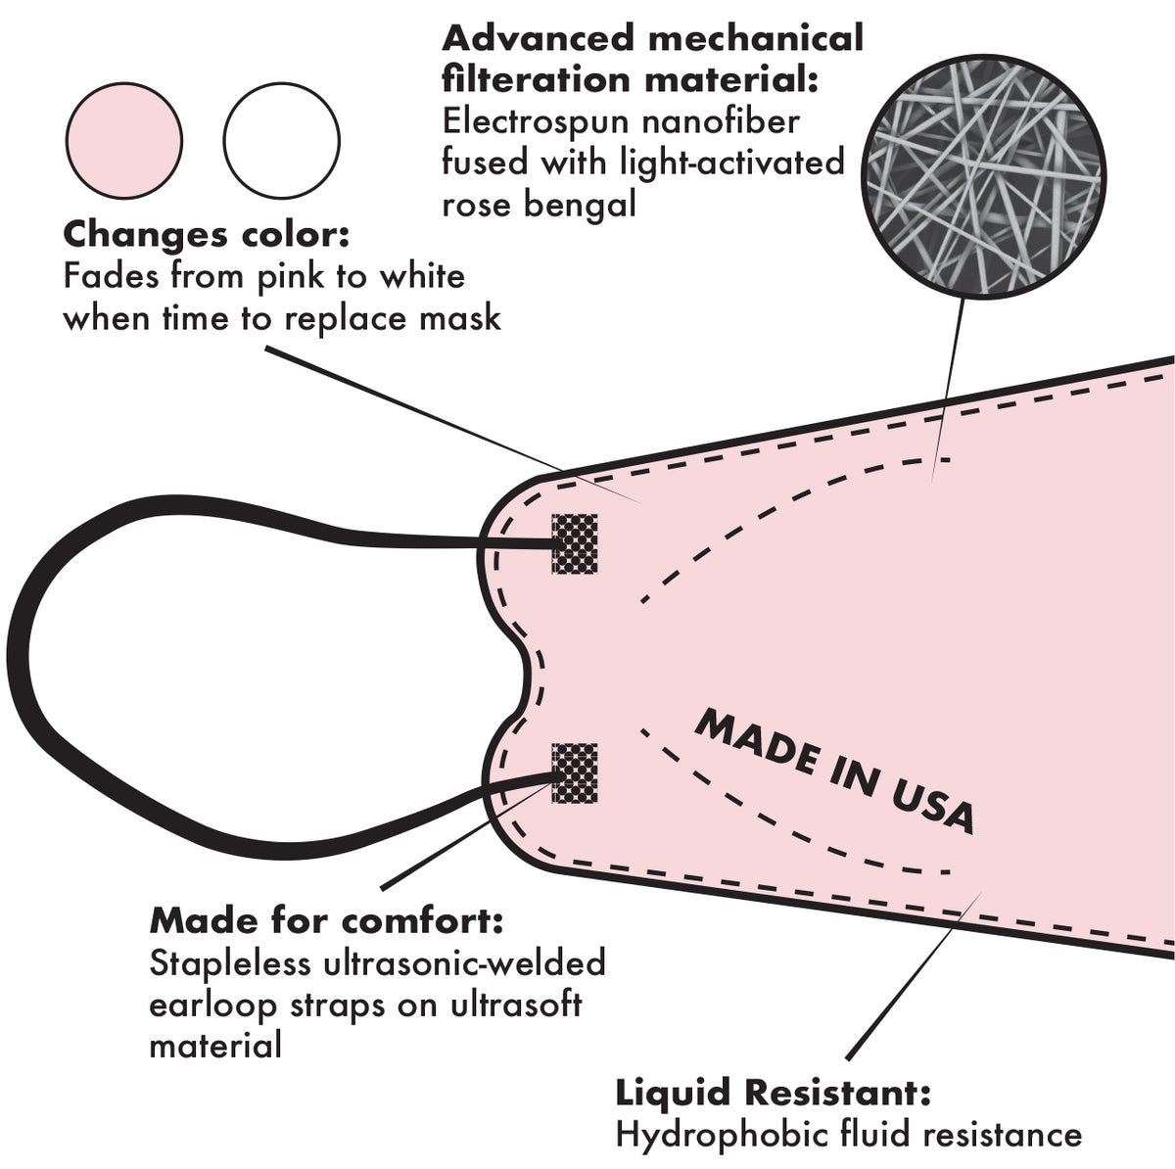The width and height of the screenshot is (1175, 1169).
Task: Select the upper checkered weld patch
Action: pyautogui.click(x=575, y=544)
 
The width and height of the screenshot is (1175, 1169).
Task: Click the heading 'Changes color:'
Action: pyautogui.click(x=207, y=235)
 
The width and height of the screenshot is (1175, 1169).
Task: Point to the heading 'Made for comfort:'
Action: pyautogui.click(x=326, y=921)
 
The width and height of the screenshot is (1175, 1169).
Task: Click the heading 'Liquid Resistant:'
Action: pyautogui.click(x=773, y=1093)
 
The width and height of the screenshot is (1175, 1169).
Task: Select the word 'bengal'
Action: pyautogui.click(x=587, y=205)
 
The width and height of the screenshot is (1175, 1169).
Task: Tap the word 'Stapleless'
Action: pyautogui.click(x=230, y=963)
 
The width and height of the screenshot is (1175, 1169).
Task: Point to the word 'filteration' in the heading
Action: pyautogui.click(x=530, y=80)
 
